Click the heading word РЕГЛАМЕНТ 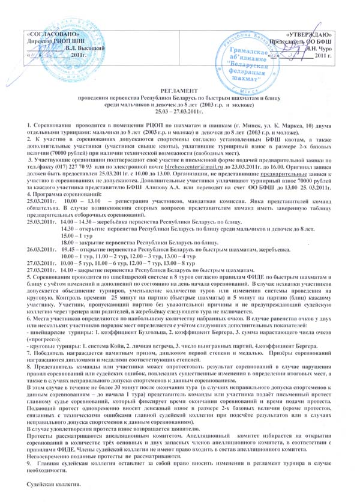[179, 88]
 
